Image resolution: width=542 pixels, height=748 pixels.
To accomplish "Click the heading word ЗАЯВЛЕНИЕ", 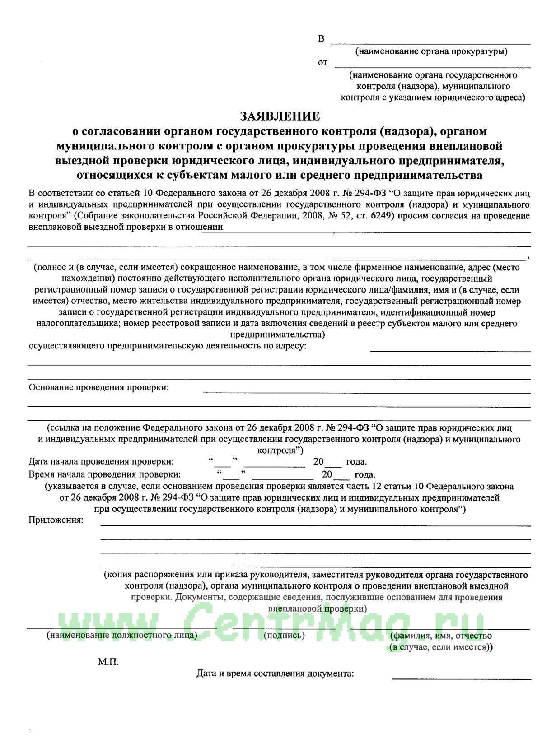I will [x=280, y=116].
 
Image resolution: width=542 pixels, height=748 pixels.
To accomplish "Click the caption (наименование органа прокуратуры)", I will [x=431, y=51].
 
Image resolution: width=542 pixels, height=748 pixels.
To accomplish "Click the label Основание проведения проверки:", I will [x=98, y=387].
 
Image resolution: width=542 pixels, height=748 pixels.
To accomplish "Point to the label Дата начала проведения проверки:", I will [x=101, y=462].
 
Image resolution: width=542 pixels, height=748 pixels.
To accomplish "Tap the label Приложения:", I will [x=56, y=520].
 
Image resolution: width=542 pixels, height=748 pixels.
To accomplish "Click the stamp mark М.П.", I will [x=108, y=662].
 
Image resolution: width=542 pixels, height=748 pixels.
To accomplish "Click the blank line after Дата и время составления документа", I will [x=462, y=678].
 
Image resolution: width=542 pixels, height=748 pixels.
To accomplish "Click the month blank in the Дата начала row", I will [x=274, y=466].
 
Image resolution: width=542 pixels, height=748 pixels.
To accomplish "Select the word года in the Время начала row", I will [x=365, y=474].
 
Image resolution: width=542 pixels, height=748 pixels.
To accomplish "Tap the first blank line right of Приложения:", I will [x=315, y=525].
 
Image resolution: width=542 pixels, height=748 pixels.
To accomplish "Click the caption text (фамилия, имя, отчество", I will [x=441, y=635].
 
